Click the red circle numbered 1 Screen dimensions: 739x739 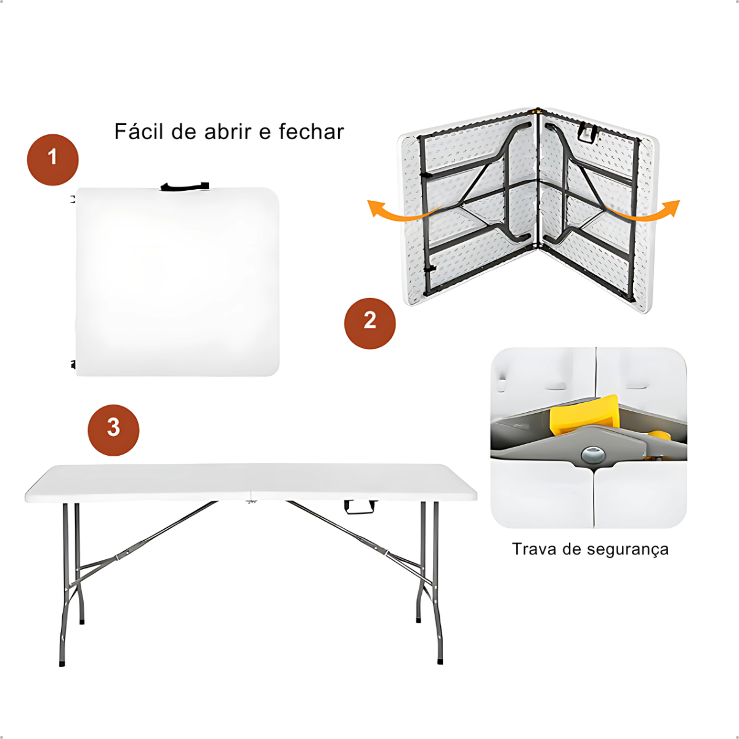click(52, 160)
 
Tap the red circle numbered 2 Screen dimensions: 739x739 click(369, 323)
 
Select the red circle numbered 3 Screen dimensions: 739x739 click(113, 430)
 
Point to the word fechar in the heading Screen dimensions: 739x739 click(311, 132)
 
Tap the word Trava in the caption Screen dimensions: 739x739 click(534, 549)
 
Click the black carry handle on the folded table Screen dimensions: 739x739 click(185, 187)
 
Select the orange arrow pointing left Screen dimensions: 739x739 click(405, 211)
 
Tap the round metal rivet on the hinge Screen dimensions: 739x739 click(593, 454)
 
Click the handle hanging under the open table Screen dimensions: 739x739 click(360, 507)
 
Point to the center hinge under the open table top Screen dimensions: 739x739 click(251, 499)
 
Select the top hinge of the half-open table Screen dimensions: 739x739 click(538, 111)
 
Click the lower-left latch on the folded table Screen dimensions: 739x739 click(73, 364)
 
